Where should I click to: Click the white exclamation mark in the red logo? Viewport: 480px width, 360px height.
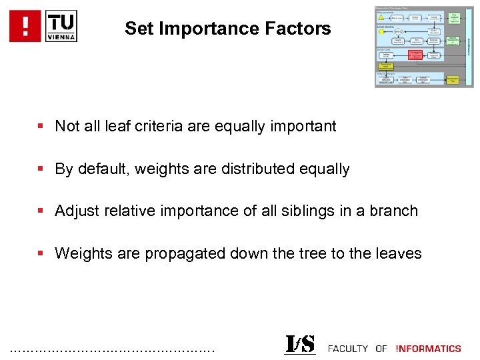click(25, 26)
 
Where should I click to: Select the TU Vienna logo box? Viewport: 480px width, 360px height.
click(61, 26)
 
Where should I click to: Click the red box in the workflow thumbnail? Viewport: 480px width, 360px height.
click(415, 55)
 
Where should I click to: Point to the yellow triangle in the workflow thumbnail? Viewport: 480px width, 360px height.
click(381, 18)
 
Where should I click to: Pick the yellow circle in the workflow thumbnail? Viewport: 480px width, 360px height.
click(381, 31)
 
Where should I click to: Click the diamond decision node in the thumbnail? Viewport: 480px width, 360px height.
click(399, 31)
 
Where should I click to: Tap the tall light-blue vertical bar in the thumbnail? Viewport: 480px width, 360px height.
click(469, 47)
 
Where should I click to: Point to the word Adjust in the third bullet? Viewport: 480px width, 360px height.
click(75, 211)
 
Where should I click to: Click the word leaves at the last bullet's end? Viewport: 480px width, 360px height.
click(399, 254)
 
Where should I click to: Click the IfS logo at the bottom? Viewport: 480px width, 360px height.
click(299, 345)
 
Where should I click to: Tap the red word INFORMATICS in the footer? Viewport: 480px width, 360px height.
click(428, 349)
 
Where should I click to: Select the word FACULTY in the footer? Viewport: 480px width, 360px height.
click(347, 349)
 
